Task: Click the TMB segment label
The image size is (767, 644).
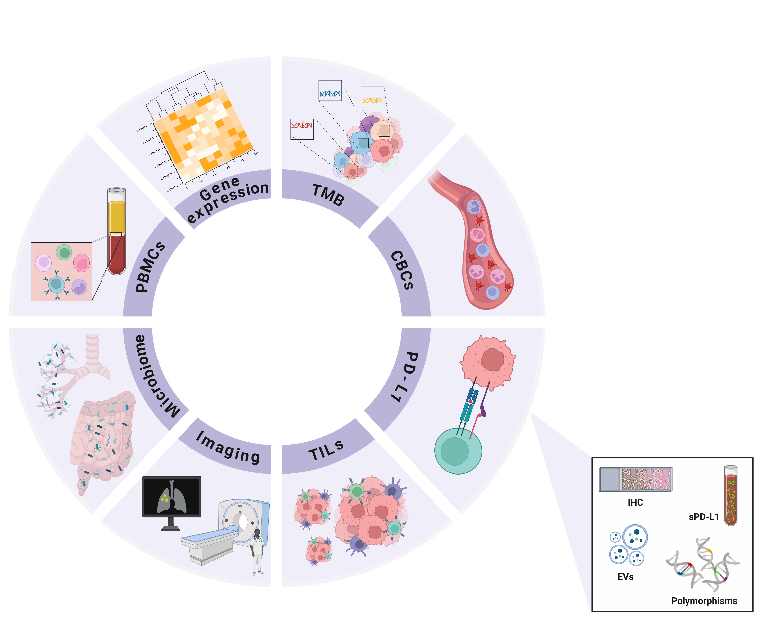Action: [328, 195]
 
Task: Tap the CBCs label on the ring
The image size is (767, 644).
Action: [402, 270]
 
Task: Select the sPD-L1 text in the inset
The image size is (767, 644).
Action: [703, 517]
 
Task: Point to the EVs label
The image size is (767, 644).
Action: [625, 577]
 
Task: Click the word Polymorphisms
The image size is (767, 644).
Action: [704, 601]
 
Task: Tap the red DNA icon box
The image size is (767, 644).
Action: [302, 129]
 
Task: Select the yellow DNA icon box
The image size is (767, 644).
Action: [372, 96]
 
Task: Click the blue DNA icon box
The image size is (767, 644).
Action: [330, 91]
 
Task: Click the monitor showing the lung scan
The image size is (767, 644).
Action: [172, 497]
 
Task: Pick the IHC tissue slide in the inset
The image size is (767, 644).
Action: [635, 479]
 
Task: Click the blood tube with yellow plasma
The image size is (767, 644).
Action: [117, 231]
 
